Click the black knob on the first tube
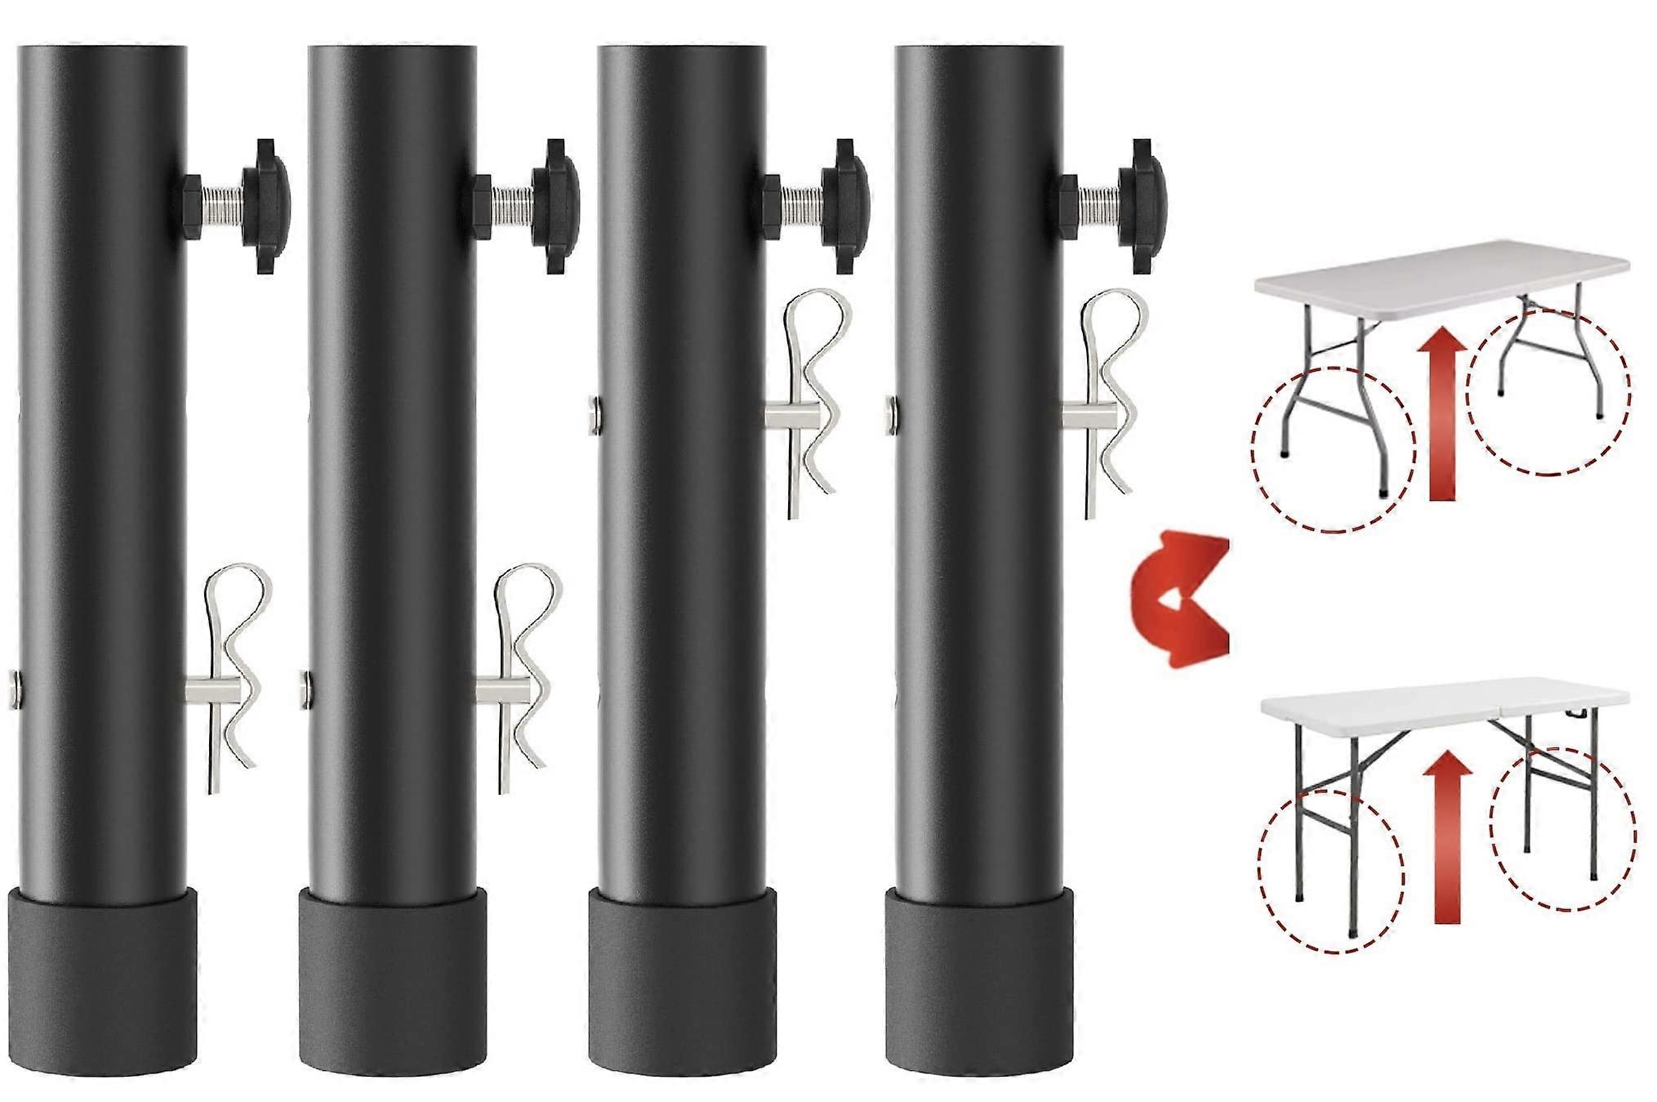(263, 207)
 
